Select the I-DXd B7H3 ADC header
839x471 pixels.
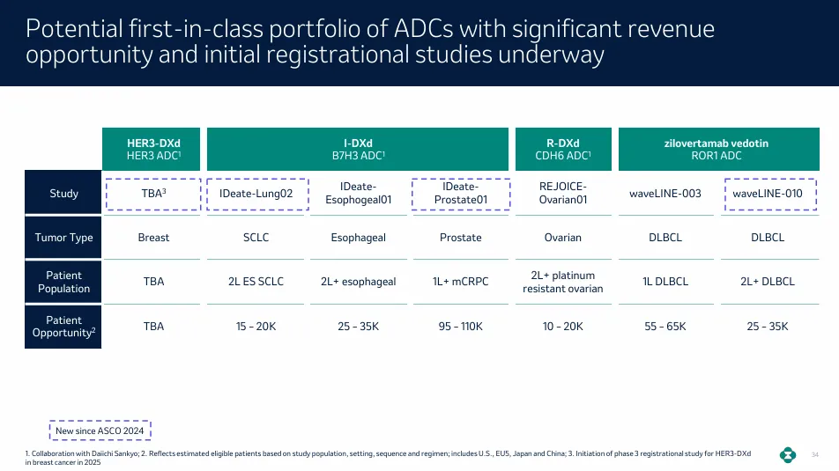358,149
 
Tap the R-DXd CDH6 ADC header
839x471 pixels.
563,149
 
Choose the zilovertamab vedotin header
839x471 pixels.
718,149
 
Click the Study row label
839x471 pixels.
63,193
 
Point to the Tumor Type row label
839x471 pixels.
63,238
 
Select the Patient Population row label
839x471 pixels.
63,282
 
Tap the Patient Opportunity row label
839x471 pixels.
63,327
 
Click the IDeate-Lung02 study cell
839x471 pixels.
257,194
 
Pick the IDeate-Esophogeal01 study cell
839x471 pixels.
359,193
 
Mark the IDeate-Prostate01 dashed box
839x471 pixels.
461,194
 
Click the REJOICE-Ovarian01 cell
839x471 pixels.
563,193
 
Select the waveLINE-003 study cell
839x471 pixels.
665,194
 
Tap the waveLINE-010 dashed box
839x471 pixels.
770,194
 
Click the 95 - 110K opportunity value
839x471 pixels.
461,326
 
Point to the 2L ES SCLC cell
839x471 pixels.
256,281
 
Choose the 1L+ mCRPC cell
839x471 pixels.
461,281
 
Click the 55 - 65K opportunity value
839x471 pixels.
665,326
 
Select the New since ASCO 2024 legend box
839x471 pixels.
100,431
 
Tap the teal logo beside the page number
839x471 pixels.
788,455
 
